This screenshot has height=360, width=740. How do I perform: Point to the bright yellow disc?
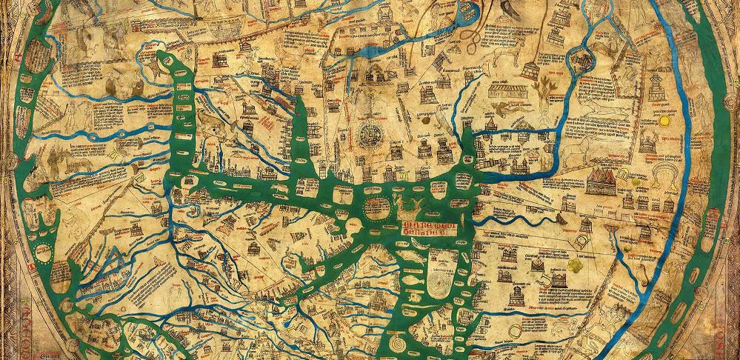(x=664, y=120)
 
